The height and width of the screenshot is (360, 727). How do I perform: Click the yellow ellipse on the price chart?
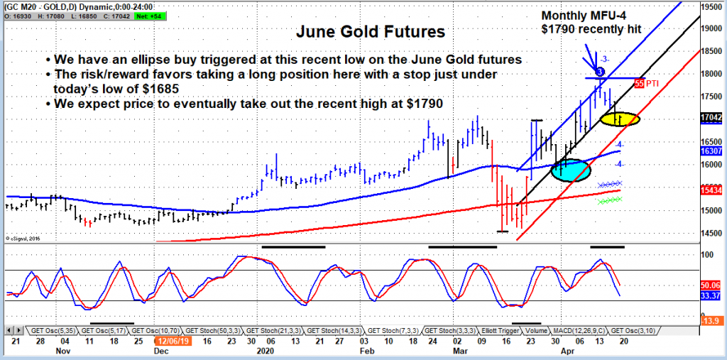coord(619,119)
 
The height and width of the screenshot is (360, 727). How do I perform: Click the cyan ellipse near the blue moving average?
coord(570,170)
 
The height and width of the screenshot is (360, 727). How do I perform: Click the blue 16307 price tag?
coord(712,151)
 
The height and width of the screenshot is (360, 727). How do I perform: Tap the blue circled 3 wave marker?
coord(600,72)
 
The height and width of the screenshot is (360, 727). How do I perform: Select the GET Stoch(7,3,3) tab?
coord(392,330)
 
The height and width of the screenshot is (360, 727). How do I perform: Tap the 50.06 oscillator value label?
coord(712,285)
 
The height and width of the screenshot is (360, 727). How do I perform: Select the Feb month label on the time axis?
coord(366,350)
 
